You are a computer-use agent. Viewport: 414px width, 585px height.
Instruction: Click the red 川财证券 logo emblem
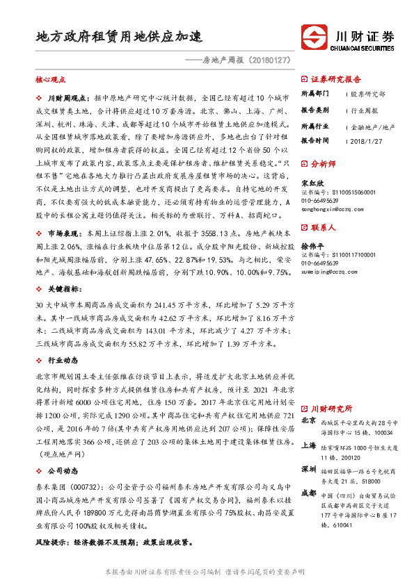click(x=315, y=36)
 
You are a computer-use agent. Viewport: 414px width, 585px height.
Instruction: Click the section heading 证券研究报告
click(x=336, y=79)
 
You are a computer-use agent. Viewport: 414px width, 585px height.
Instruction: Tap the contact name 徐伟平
click(x=312, y=247)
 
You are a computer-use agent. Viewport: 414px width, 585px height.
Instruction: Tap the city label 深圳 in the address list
click(x=308, y=469)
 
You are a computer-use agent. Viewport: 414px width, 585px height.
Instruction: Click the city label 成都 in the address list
click(x=308, y=494)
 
